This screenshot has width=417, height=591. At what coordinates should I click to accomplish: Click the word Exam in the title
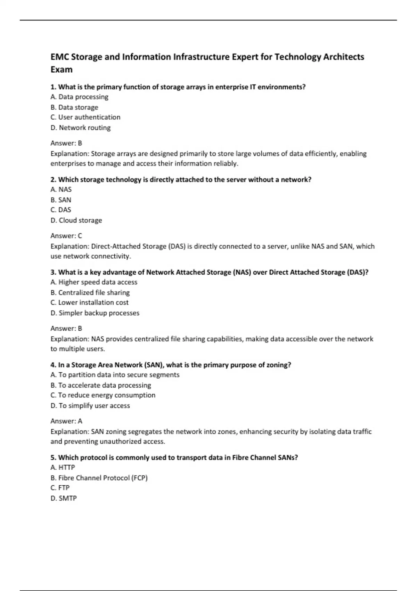[62, 70]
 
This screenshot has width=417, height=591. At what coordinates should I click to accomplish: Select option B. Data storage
[74, 107]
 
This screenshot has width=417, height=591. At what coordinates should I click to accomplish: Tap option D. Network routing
[81, 128]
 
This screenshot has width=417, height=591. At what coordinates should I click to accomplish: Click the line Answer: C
[66, 236]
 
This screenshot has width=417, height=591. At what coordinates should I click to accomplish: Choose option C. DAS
[61, 210]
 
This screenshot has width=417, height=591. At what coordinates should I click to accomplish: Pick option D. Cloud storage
[76, 220]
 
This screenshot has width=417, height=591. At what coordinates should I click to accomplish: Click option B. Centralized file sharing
[90, 292]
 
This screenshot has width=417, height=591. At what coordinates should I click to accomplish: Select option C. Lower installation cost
[89, 302]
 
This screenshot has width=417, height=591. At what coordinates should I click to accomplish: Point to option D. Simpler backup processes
[95, 313]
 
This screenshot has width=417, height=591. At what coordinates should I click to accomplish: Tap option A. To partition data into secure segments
[115, 375]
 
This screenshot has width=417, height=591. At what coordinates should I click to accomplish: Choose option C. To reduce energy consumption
[103, 395]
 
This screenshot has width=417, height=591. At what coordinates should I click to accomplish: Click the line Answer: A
[66, 421]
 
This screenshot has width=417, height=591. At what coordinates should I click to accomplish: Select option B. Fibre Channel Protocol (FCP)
[99, 478]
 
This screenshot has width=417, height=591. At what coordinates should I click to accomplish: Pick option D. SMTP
[64, 498]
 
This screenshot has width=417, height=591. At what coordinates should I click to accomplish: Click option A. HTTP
[63, 467]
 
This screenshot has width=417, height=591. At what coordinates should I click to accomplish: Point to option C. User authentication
[85, 117]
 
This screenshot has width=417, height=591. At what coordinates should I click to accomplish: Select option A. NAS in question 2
[61, 189]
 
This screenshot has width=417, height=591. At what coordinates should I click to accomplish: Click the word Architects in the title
[343, 57]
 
